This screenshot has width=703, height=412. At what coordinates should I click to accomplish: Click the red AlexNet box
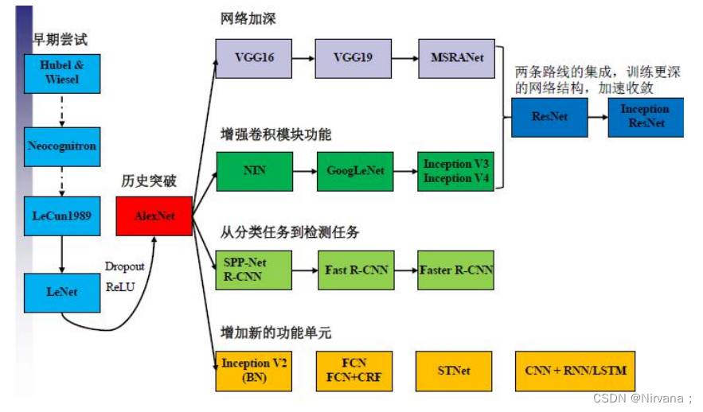pyautogui.click(x=154, y=216)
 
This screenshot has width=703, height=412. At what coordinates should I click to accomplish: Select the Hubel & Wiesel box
pyautogui.click(x=62, y=72)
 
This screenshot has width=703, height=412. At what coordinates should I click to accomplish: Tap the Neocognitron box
pyautogui.click(x=62, y=146)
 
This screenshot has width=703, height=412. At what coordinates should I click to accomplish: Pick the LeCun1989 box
pyautogui.click(x=62, y=216)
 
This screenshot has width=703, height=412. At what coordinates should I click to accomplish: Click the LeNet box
pyautogui.click(x=62, y=292)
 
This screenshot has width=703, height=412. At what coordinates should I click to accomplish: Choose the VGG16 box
pyautogui.click(x=254, y=59)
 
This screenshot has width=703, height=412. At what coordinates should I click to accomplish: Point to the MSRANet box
pyautogui.click(x=456, y=59)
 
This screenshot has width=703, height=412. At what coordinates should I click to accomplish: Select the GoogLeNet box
pyautogui.click(x=354, y=171)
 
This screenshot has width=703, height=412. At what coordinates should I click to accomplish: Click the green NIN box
pyautogui.click(x=254, y=171)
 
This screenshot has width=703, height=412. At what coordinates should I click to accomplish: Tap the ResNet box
pyautogui.click(x=549, y=117)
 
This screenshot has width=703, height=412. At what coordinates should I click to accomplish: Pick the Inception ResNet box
pyautogui.click(x=645, y=117)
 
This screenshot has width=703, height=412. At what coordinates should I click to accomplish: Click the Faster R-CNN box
pyautogui.click(x=456, y=270)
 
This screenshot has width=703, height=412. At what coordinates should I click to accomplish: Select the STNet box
pyautogui.click(x=454, y=371)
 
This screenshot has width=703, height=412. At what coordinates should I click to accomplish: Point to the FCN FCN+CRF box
pyautogui.click(x=354, y=371)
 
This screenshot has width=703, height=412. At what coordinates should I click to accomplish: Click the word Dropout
pyautogui.click(x=125, y=266)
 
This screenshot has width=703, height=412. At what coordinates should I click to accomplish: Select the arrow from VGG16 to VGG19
pyautogui.click(x=303, y=59)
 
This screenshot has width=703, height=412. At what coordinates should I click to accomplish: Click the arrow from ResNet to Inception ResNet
pyautogui.click(x=598, y=117)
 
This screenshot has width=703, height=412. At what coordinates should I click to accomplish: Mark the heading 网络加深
pyautogui.click(x=248, y=19)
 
